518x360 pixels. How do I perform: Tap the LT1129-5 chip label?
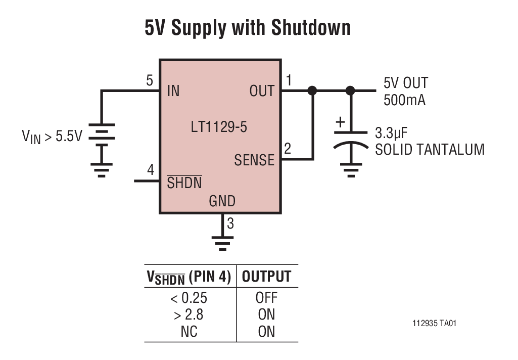219,127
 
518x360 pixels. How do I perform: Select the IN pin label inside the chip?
173,92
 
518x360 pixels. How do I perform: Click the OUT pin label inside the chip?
262,92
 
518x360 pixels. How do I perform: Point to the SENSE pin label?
254,160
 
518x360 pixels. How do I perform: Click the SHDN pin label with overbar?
184,183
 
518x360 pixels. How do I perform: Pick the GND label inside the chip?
222,201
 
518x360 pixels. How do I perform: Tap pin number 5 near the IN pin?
150,80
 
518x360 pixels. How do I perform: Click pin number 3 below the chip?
230,223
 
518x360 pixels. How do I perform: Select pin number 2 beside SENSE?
288,149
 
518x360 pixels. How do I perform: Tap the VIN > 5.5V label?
52,137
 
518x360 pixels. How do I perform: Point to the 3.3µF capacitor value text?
391,133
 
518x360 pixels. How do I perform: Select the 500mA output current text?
404,100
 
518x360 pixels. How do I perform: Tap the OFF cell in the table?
266,297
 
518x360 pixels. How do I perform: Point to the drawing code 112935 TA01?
434,323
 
